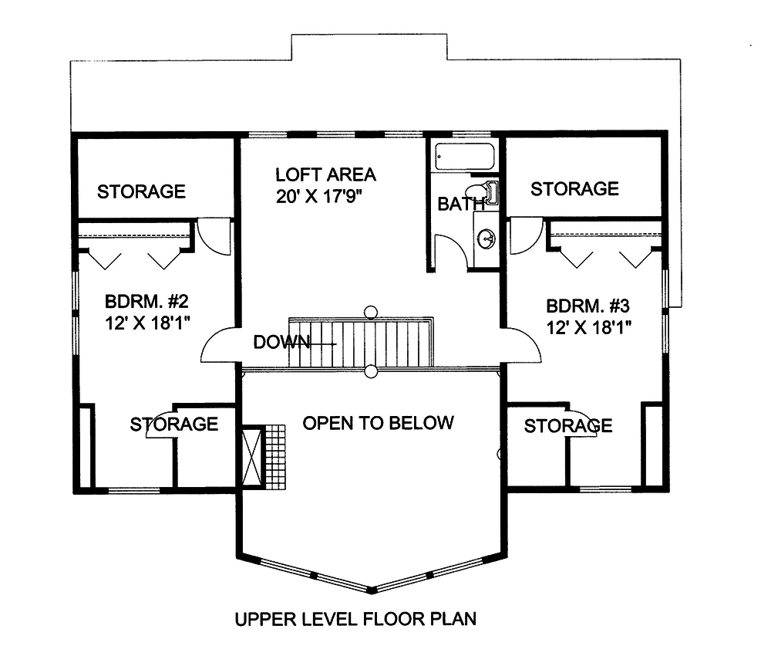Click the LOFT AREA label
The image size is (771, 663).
tap(315, 174)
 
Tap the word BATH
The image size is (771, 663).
tap(460, 205)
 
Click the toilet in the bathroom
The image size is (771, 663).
tap(483, 192)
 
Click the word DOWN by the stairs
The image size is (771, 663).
tap(281, 341)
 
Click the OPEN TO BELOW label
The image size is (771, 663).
tap(378, 423)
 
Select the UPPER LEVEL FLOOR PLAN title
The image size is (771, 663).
tap(355, 618)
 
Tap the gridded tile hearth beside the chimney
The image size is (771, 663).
tap(275, 456)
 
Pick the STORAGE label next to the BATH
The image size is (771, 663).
tap(574, 188)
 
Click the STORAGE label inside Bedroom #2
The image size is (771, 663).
tap(173, 424)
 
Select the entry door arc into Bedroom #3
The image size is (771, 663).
tap(524, 343)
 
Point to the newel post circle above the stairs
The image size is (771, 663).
tap(371, 312)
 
